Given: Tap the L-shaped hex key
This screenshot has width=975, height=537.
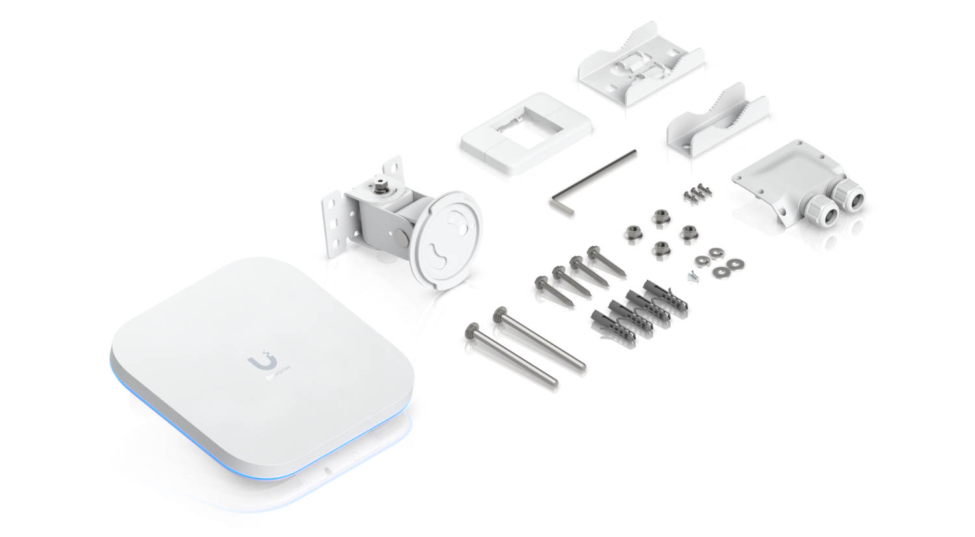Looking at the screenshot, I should click(x=591, y=178).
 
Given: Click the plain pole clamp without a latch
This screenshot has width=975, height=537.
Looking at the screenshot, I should click(x=715, y=130).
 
